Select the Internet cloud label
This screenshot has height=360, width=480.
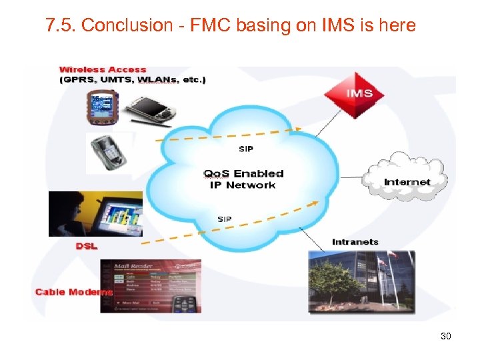coord(407,181)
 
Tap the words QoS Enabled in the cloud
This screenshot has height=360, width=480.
coord(244,173)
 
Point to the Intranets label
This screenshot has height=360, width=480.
coord(355,241)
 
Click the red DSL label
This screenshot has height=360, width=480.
coord(86,246)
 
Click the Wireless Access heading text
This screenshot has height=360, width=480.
coord(103,69)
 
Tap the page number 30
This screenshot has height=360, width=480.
coord(446,336)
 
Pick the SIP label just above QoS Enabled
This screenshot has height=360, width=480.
coord(245,149)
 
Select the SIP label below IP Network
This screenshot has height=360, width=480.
coord(225,219)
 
